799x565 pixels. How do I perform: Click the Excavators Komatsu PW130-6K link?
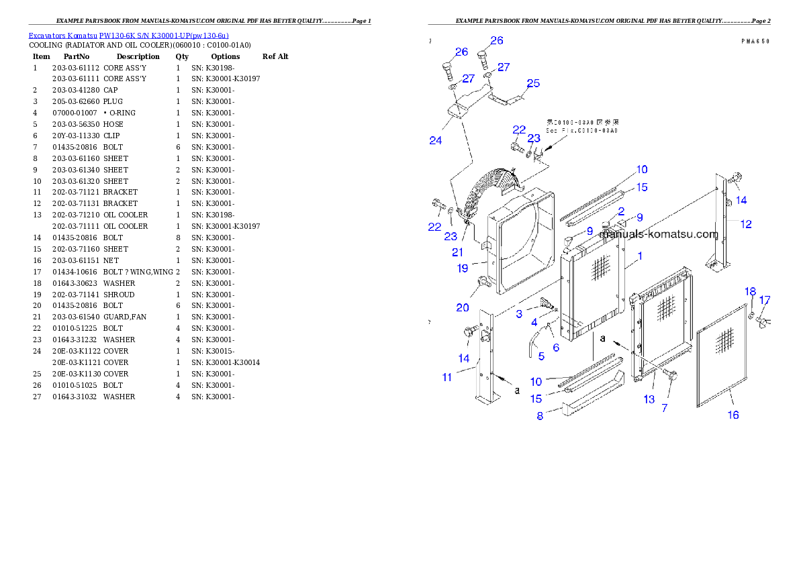128,36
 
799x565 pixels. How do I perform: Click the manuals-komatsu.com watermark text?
659,235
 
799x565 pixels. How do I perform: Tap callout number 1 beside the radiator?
640,256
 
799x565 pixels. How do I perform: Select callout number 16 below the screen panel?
733,415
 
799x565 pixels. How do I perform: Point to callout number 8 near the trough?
540,416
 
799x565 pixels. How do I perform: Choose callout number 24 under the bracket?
436,140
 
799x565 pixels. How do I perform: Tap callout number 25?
533,83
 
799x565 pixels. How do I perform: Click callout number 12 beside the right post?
746,224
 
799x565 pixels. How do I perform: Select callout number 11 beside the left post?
447,377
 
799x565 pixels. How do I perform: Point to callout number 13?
649,399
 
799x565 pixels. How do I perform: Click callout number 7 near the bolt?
665,408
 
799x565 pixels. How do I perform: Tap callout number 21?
457,252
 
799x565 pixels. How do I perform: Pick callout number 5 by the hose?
541,356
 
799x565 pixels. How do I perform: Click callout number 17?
765,300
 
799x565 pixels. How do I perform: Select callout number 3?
519,314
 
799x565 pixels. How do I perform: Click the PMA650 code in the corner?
755,41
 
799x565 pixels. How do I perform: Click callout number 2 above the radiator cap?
622,211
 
